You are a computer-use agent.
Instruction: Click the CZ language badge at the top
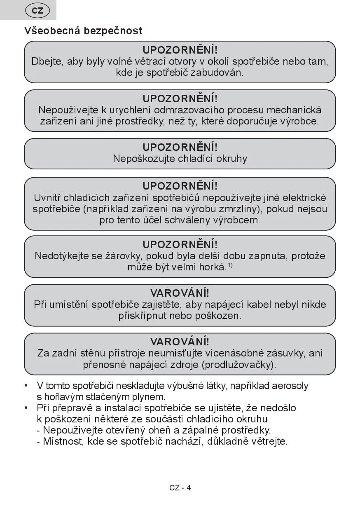(x=37, y=10)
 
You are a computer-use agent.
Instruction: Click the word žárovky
(x=123, y=256)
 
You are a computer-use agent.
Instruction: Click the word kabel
(x=256, y=305)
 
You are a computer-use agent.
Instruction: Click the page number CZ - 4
(x=180, y=488)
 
